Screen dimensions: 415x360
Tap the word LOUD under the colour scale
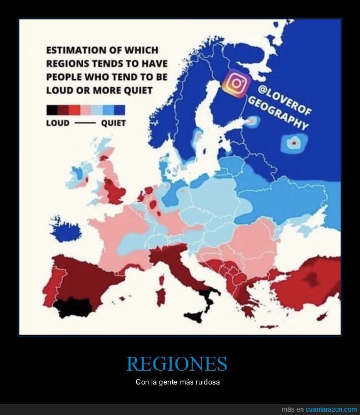tap(58, 123)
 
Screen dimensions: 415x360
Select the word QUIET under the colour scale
tap(113, 123)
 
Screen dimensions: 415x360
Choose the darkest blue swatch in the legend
tap(119, 109)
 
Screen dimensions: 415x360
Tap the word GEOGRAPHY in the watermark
tap(277, 113)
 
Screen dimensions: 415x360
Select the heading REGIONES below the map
tap(177, 364)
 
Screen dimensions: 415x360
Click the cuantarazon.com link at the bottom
tap(327, 409)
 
